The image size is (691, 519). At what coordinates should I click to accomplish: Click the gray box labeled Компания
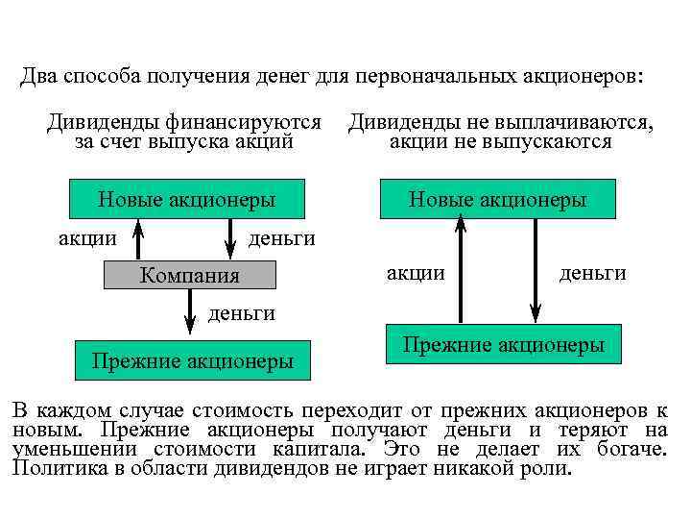click(189, 276)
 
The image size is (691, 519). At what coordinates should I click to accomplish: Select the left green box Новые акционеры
click(187, 200)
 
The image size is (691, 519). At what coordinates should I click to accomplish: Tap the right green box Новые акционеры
click(497, 200)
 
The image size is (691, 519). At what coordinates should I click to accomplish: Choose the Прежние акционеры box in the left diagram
click(192, 361)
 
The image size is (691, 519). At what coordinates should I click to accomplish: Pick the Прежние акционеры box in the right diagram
click(503, 344)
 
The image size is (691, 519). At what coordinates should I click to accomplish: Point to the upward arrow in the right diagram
click(461, 269)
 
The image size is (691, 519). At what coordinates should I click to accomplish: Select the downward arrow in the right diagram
click(536, 269)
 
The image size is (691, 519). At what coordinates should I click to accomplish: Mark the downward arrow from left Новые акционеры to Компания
click(231, 238)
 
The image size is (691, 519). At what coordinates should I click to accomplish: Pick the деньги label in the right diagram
click(593, 274)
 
